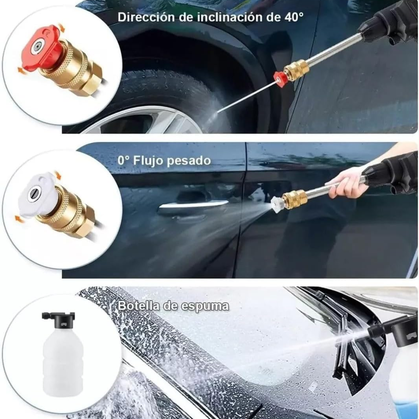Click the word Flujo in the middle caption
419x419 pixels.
148,161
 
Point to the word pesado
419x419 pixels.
189,161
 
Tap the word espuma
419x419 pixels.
205,306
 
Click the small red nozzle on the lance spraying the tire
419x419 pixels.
279,77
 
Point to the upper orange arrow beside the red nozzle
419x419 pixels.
61,28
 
